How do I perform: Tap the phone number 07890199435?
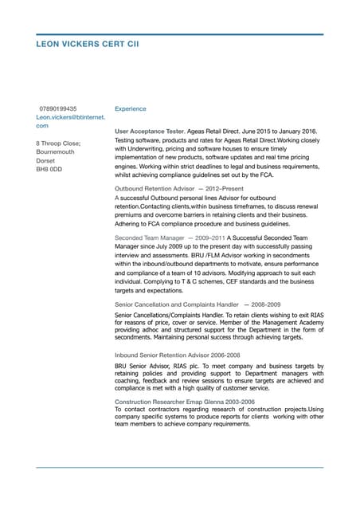point(58,108)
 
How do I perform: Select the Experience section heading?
point(130,108)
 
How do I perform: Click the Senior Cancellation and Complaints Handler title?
point(177,304)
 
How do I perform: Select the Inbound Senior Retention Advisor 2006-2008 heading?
point(177,355)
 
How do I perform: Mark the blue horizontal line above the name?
point(180,34)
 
